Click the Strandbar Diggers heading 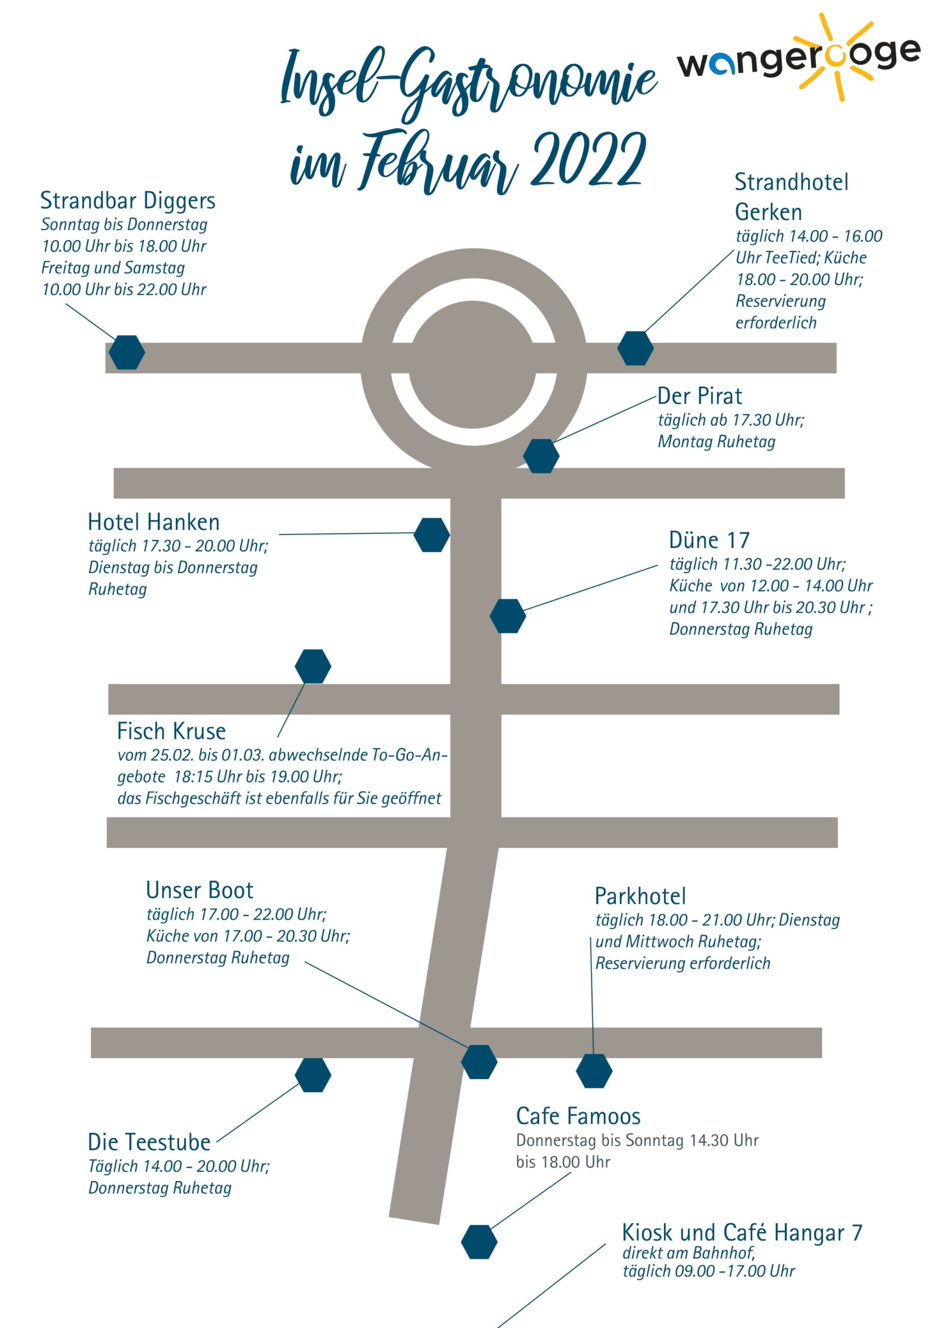pyautogui.click(x=127, y=201)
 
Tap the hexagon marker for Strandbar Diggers pyautogui.click(x=127, y=352)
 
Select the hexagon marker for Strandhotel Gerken pyautogui.click(x=636, y=348)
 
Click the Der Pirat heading pyautogui.click(x=699, y=396)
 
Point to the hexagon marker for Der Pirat pyautogui.click(x=541, y=456)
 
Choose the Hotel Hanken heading pyautogui.click(x=154, y=522)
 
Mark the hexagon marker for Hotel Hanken pyautogui.click(x=432, y=534)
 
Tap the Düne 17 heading pyautogui.click(x=709, y=539)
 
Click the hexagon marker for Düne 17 pyautogui.click(x=507, y=616)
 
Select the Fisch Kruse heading pyautogui.click(x=171, y=731)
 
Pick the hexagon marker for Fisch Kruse pyautogui.click(x=312, y=666)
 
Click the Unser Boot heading pyautogui.click(x=200, y=890)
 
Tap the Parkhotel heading pyautogui.click(x=641, y=896)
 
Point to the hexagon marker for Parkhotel pyautogui.click(x=593, y=1071)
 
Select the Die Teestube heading pyautogui.click(x=149, y=1142)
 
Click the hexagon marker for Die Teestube pyautogui.click(x=312, y=1075)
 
